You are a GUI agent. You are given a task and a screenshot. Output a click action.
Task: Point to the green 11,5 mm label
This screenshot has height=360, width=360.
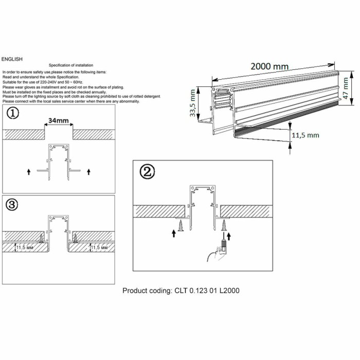click(305, 135)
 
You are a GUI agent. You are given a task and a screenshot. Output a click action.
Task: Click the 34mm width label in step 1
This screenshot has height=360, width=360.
click(58, 121)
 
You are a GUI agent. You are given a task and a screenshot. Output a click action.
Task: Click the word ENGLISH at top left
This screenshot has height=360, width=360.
click(12, 60)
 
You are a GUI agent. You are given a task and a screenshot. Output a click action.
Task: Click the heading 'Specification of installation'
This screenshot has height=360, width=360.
click(71, 66)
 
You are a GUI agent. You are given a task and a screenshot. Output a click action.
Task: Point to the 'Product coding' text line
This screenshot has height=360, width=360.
click(181, 291)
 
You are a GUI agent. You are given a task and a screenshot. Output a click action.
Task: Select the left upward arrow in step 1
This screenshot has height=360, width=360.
click(29, 172)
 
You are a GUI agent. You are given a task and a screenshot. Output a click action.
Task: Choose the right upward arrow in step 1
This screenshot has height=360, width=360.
click(89, 172)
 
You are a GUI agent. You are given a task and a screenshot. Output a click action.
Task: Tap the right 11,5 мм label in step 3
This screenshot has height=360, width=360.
click(100, 247)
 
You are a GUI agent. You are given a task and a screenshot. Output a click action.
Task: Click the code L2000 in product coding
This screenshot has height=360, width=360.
click(226, 291)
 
